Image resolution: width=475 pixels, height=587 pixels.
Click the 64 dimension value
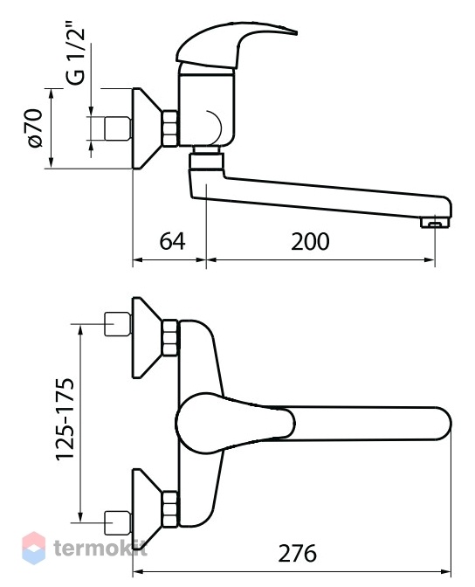point(172,241)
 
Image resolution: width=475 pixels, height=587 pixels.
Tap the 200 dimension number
point(310,241)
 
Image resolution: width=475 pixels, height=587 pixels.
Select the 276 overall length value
point(297,553)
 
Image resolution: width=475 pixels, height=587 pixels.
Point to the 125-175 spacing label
point(65,418)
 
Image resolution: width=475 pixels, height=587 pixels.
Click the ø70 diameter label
point(35,128)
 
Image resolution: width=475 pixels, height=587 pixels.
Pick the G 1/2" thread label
point(75,57)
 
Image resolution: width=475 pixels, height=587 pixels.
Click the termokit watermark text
point(100,549)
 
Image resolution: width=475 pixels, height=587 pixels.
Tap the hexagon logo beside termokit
point(34,548)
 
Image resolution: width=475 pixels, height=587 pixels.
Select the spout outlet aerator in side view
point(434,223)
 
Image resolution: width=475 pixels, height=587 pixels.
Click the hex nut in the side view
point(170,128)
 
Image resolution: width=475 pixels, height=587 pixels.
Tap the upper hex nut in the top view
point(170,337)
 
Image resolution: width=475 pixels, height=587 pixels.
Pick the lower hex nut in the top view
point(170,509)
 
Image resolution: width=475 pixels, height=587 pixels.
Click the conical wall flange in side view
point(147,128)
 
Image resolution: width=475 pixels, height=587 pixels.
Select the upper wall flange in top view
point(147,337)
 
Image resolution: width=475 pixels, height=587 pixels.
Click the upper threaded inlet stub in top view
point(118,323)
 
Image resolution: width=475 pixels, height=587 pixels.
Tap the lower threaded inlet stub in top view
point(118,522)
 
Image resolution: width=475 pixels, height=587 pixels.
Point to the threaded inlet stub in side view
point(118,128)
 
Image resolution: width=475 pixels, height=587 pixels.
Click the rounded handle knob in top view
point(235,423)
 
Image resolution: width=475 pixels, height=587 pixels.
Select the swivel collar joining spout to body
point(206,161)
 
